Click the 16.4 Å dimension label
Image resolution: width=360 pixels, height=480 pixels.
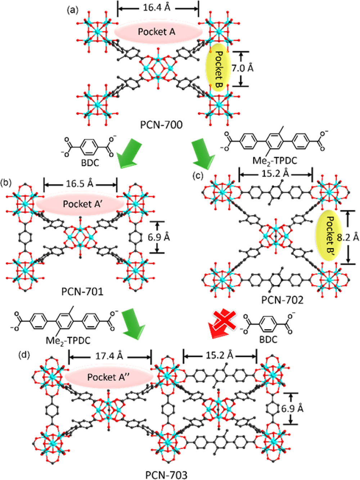click(x=157, y=8)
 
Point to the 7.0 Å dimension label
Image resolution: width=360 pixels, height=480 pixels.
click(x=242, y=69)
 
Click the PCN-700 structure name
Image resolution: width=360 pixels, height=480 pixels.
click(x=161, y=125)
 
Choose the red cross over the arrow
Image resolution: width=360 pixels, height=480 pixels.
click(x=224, y=321)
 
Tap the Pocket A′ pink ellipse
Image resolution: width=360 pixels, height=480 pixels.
click(x=80, y=204)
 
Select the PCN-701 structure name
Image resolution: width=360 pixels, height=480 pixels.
click(x=82, y=292)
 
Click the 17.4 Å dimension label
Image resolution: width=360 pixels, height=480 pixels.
click(x=109, y=356)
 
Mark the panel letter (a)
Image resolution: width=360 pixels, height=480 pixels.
click(x=72, y=10)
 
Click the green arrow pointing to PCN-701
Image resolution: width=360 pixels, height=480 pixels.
click(x=129, y=153)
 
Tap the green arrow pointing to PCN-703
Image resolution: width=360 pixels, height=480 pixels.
click(x=134, y=324)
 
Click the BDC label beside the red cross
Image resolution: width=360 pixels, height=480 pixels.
click(x=269, y=340)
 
